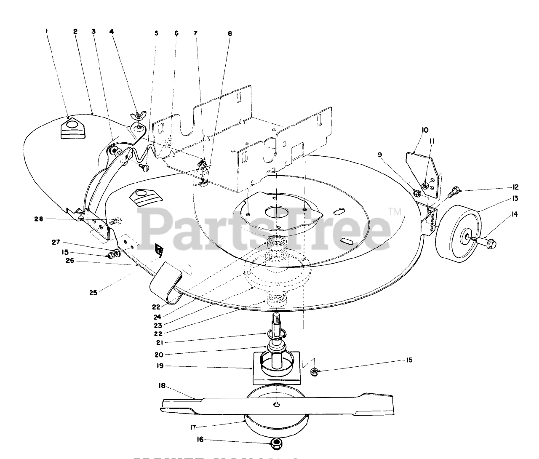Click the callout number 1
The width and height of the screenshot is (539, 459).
tap(47, 31)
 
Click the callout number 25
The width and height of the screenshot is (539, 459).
tap(93, 293)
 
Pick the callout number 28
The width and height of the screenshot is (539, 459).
tap(40, 219)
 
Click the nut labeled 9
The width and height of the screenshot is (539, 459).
tap(417, 194)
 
